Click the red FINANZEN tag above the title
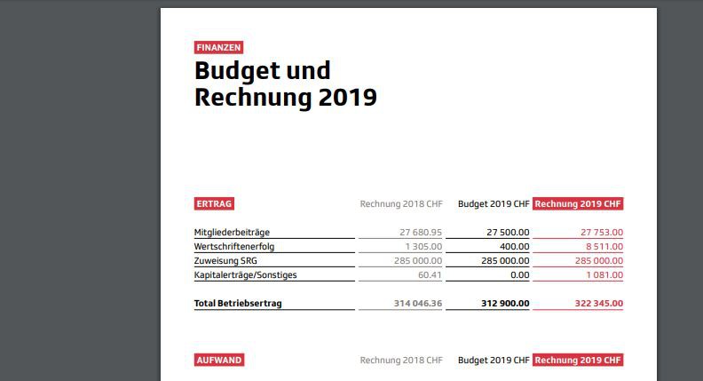(219, 48)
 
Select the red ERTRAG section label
(214, 203)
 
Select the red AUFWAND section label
(218, 360)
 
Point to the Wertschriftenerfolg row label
(234, 246)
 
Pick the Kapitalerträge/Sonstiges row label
(246, 274)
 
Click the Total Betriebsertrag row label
(238, 303)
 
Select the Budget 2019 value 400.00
(514, 246)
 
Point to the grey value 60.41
(430, 274)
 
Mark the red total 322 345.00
(591, 303)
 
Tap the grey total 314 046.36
(417, 303)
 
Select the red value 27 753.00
(596, 232)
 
